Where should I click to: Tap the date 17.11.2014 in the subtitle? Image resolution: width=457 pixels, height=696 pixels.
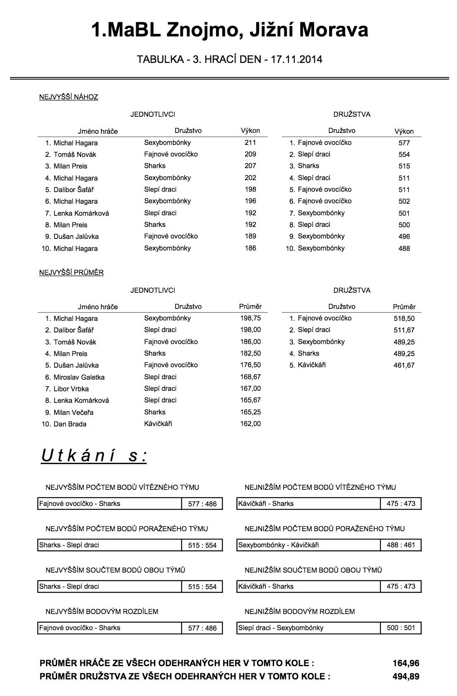(x=296, y=59)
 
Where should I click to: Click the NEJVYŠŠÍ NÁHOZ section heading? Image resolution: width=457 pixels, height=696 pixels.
(x=69, y=97)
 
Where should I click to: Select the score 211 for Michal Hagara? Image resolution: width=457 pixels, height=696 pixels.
(x=250, y=143)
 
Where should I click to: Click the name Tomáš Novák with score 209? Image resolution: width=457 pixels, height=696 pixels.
(x=75, y=154)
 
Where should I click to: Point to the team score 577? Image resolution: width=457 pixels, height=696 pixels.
(x=404, y=143)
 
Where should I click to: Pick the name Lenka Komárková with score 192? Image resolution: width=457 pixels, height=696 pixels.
(x=81, y=213)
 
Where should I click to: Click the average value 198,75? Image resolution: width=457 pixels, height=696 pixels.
(x=250, y=318)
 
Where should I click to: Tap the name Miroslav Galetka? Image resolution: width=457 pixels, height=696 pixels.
(x=79, y=377)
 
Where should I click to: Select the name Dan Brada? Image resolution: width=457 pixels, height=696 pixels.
(x=70, y=424)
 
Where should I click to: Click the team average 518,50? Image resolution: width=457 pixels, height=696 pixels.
(x=404, y=319)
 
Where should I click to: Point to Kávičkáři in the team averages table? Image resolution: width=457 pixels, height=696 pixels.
(x=312, y=365)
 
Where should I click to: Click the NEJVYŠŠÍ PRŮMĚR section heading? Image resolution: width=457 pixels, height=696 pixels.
(x=71, y=273)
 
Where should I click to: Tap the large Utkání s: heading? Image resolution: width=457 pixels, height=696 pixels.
(x=94, y=456)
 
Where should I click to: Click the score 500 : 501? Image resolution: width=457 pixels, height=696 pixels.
(x=401, y=628)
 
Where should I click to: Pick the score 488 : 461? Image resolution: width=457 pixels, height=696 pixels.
(x=401, y=545)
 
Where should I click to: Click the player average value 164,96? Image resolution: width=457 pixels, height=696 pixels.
(x=406, y=663)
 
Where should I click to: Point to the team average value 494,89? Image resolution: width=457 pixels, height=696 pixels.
(x=406, y=677)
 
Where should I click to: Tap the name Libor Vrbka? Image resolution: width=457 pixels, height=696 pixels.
(x=71, y=389)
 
